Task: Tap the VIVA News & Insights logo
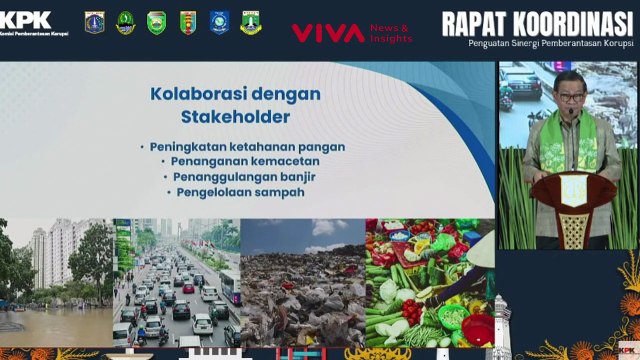tap(351, 33)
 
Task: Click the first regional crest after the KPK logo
tap(95, 22)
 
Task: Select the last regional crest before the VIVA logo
tap(250, 22)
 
